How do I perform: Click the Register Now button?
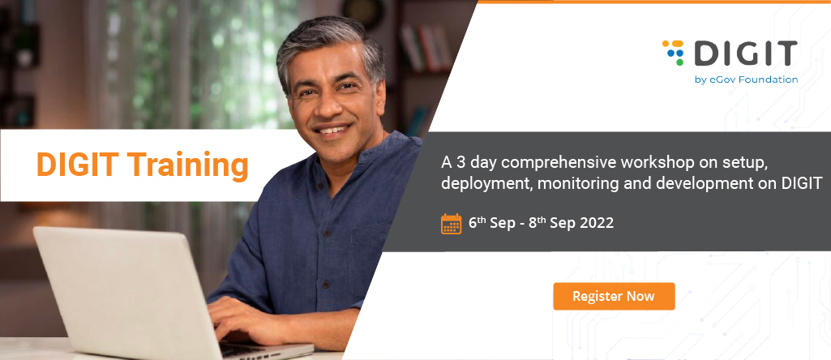pyautogui.click(x=614, y=297)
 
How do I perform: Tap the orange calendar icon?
pyautogui.click(x=451, y=224)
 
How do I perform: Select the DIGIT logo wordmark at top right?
pyautogui.click(x=746, y=53)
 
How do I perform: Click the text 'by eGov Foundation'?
pyautogui.click(x=746, y=79)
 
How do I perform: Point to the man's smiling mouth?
pyautogui.click(x=332, y=131)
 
